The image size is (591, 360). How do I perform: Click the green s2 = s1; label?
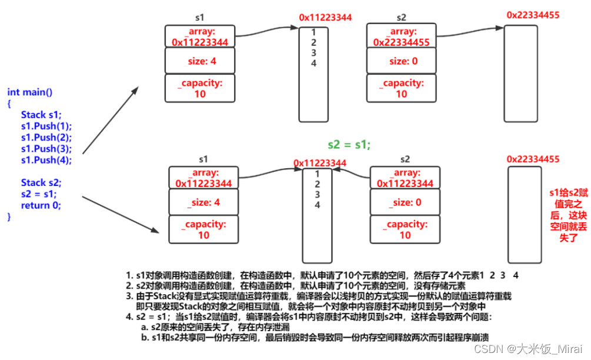click(349, 144)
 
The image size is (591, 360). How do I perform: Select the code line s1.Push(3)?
click(46, 148)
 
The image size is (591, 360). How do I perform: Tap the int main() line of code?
click(30, 92)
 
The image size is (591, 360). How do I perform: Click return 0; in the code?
click(41, 205)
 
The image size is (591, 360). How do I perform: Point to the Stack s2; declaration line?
click(41, 182)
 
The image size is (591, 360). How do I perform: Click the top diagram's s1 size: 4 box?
click(200, 61)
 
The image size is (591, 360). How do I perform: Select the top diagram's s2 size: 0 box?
click(402, 61)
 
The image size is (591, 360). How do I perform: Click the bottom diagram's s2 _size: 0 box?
click(405, 203)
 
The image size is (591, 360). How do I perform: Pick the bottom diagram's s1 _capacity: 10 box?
click(203, 229)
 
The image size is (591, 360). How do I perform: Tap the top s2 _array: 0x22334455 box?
click(402, 36)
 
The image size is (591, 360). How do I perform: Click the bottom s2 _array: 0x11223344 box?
click(405, 178)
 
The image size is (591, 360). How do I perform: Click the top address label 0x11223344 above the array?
click(325, 18)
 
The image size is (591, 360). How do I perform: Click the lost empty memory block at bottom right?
click(525, 215)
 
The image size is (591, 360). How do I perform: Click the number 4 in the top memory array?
click(313, 64)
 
